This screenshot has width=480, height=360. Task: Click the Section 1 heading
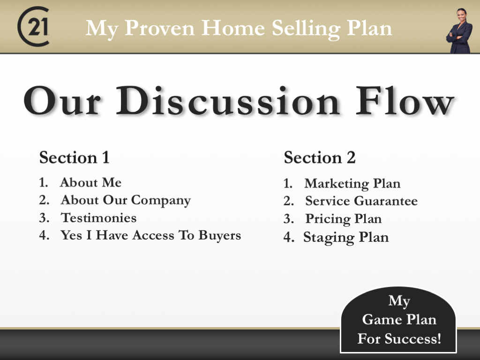[x=74, y=157]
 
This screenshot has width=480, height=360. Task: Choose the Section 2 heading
[x=320, y=158]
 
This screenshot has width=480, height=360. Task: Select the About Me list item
[x=90, y=182]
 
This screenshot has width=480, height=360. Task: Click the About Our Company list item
[x=125, y=201]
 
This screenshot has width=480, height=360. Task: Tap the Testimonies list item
[x=99, y=218]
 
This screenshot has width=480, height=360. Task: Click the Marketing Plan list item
[x=352, y=183]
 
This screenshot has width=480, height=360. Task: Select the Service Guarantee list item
[x=361, y=201]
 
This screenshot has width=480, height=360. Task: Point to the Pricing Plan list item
[x=343, y=219]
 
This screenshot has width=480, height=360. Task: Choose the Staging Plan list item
[x=346, y=237]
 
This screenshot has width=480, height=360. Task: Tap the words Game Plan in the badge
[x=399, y=320]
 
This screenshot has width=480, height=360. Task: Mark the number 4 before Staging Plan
[x=288, y=238]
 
